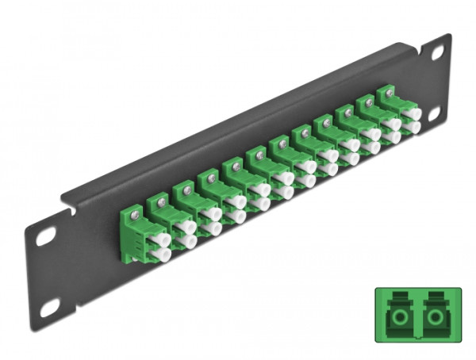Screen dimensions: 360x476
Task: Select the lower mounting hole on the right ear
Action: tap(435, 114)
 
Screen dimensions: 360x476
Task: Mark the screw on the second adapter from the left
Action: tap(162, 201)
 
